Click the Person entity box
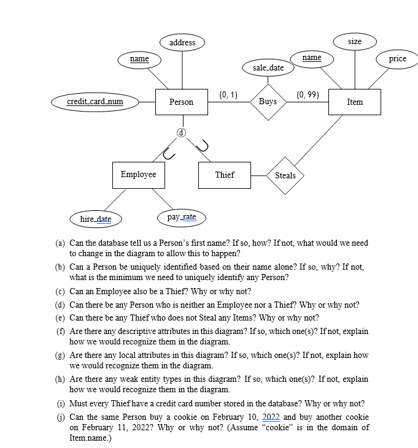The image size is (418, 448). [x=181, y=102]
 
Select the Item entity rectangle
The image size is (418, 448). [x=354, y=102]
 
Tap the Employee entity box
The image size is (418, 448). [x=138, y=175]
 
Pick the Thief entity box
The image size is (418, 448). [x=225, y=175]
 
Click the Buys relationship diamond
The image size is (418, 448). [x=268, y=102]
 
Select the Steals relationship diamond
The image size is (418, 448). [x=285, y=175]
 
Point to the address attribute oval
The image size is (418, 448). [x=182, y=42]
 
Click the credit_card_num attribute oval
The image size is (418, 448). [x=95, y=102]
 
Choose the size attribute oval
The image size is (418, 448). [x=355, y=42]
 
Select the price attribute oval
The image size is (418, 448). [x=398, y=59]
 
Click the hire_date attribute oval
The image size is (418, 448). [x=96, y=219]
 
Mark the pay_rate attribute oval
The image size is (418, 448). [x=182, y=217]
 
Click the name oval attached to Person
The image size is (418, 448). [x=139, y=59]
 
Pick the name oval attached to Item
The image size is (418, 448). [x=312, y=58]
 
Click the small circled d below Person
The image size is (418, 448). [x=181, y=132]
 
